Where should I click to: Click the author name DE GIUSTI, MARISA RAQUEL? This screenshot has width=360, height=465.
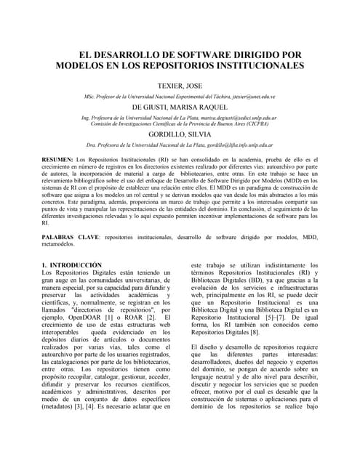(x=180, y=106)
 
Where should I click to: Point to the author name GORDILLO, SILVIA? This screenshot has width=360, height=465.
(x=180, y=134)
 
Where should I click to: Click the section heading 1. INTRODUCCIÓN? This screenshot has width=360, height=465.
(x=71, y=265)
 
